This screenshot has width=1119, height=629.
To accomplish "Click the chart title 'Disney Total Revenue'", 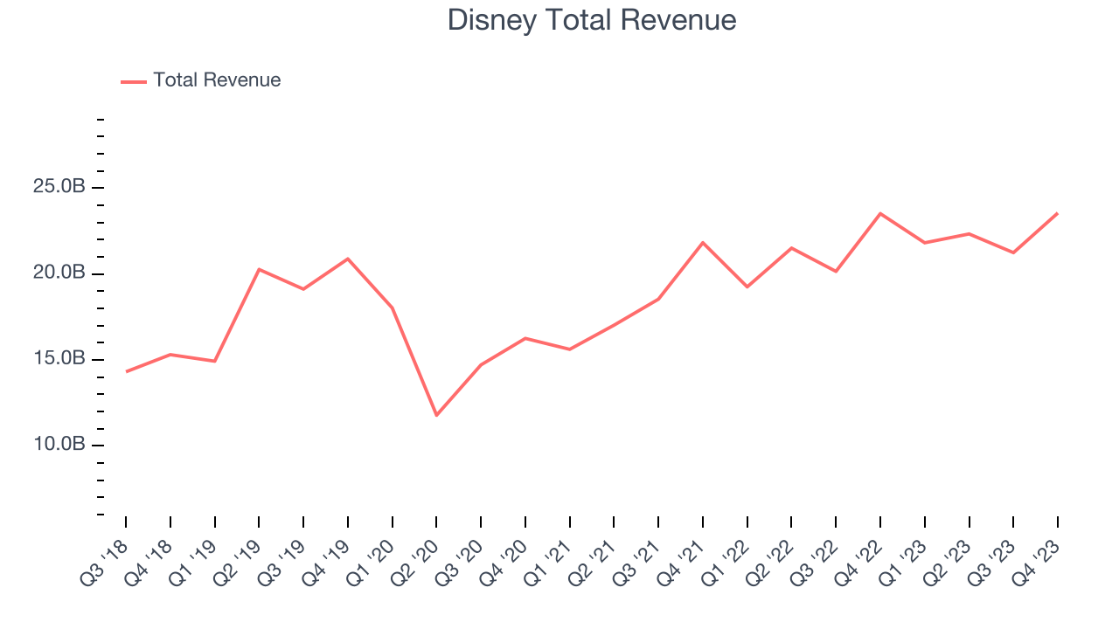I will pyautogui.click(x=592, y=20).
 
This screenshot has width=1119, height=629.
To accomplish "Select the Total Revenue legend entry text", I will pyautogui.click(x=217, y=80).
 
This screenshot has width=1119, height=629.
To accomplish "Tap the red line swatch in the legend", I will pyautogui.click(x=134, y=81).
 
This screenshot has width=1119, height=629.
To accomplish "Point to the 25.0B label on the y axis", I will pyautogui.click(x=59, y=188).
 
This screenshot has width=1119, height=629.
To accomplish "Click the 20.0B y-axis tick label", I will pyautogui.click(x=59, y=273).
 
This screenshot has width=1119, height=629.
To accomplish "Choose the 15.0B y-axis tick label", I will pyautogui.click(x=59, y=359).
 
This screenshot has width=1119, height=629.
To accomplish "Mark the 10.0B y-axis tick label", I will pyautogui.click(x=59, y=445).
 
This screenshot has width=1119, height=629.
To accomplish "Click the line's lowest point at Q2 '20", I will pyautogui.click(x=436, y=415).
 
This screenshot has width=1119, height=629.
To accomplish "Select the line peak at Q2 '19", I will pyautogui.click(x=259, y=269).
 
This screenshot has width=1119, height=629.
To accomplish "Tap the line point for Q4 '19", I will pyautogui.click(x=348, y=259).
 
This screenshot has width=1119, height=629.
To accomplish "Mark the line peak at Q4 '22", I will pyautogui.click(x=880, y=213).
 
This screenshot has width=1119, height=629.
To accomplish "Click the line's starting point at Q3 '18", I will pyautogui.click(x=126, y=371).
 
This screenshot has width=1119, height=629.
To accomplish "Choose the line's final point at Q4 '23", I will pyautogui.click(x=1058, y=213).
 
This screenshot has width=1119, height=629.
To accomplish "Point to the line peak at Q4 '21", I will pyautogui.click(x=703, y=242).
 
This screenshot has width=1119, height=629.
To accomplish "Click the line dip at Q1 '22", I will pyautogui.click(x=747, y=287).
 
